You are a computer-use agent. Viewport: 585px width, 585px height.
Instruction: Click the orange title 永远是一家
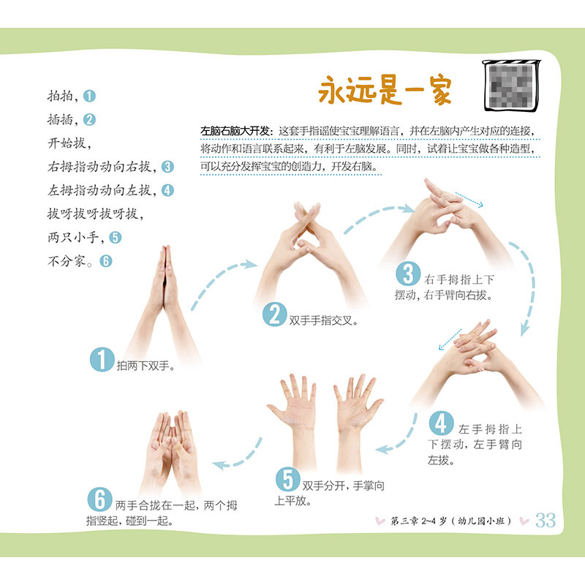[385, 90]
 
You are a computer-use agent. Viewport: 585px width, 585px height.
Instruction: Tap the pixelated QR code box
[511, 86]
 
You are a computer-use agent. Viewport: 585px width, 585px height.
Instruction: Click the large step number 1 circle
[102, 359]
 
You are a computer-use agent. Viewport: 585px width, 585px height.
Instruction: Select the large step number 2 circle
[275, 314]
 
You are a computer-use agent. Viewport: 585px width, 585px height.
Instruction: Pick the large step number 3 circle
[408, 273]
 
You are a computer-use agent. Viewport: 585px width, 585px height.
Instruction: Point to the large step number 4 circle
[442, 423]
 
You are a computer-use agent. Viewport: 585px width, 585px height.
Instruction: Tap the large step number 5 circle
[287, 480]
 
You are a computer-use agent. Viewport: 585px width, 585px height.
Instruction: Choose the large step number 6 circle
[99, 499]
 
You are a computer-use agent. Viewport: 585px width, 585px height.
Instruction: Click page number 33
[546, 520]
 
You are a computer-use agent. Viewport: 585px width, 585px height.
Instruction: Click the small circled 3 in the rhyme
[167, 167]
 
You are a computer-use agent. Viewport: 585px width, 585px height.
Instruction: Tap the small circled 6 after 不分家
[105, 261]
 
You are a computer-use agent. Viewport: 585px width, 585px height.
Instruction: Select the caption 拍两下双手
[146, 366]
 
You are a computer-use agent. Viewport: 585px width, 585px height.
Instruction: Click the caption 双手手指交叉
[323, 320]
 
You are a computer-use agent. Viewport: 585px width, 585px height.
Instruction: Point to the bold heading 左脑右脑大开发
[234, 131]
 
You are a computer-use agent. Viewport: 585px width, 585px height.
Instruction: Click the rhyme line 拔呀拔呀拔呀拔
[95, 214]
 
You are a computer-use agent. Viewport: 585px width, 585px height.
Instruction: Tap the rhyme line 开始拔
[69, 143]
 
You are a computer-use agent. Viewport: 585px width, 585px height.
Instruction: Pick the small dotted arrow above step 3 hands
[469, 200]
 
